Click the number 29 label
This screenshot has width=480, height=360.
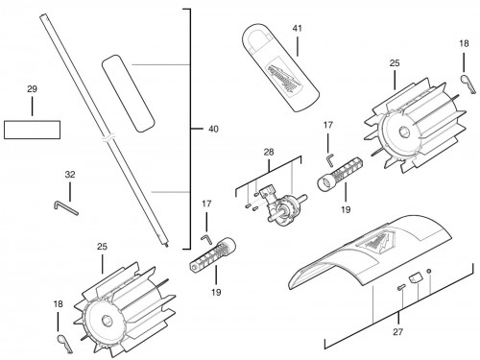tap(32, 89)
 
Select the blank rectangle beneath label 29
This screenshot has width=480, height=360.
tap(32, 130)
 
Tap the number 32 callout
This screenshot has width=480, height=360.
tap(70, 175)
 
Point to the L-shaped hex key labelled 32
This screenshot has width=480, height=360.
tap(65, 208)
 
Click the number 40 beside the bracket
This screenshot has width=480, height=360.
tap(213, 129)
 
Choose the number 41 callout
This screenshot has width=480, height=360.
tap(297, 29)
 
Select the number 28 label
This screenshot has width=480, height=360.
tap(269, 152)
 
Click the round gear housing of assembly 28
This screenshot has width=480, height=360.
tap(289, 208)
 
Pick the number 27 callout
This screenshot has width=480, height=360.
tap(397, 332)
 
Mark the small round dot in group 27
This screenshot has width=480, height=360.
tap(429, 272)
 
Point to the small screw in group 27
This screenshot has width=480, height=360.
tap(401, 287)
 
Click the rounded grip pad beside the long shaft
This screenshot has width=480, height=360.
tap(128, 93)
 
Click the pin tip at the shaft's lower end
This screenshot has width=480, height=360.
tap(168, 246)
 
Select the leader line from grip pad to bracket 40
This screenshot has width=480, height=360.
tap(161, 64)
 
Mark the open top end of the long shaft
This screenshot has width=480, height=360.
tap(43, 16)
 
